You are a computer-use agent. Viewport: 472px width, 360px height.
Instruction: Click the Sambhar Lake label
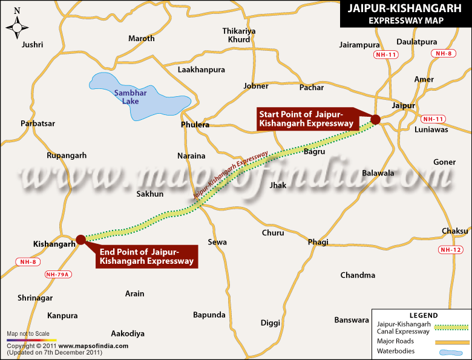(x=127, y=97)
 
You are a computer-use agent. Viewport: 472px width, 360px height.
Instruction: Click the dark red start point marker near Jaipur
(x=375, y=119)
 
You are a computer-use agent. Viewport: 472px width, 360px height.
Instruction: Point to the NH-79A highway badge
(x=58, y=274)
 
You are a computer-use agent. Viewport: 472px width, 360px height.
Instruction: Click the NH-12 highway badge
(x=451, y=249)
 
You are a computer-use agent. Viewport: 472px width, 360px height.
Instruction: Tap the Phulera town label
(x=195, y=125)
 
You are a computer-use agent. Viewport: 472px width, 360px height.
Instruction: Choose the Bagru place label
(x=315, y=151)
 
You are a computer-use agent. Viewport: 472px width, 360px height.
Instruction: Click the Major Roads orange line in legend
(x=452, y=342)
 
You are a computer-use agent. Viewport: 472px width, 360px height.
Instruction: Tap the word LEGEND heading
(x=423, y=316)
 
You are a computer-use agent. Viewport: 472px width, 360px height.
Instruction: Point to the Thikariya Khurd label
(x=239, y=35)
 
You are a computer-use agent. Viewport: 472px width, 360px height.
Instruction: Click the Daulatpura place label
(x=416, y=42)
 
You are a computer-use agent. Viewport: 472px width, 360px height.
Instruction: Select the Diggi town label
(x=270, y=322)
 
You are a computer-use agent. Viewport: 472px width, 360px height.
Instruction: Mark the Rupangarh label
(x=67, y=155)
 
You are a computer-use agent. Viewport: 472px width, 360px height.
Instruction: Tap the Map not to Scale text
(x=28, y=334)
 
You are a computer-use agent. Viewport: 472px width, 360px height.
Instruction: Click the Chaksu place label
(x=455, y=231)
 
